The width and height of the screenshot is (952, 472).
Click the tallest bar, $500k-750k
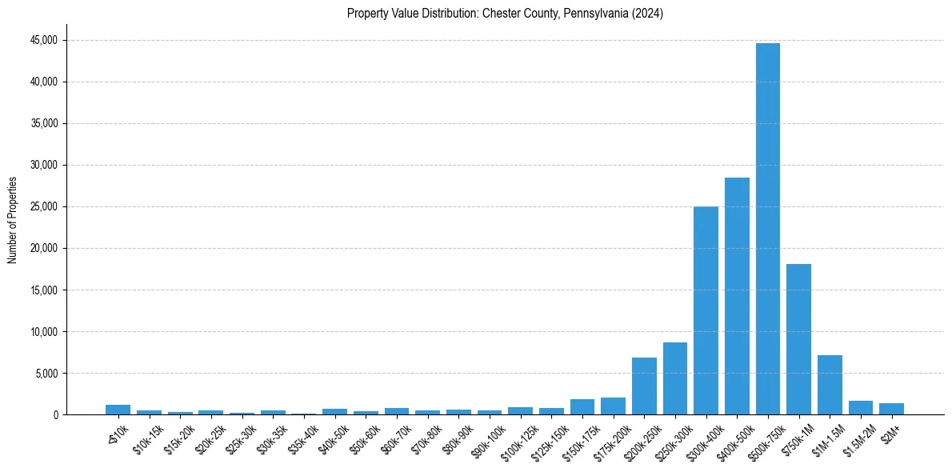(x=768, y=229)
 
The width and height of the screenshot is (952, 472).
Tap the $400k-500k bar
(x=737, y=296)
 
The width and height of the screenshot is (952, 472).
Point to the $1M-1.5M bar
(x=830, y=385)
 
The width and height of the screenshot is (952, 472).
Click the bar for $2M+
(x=891, y=409)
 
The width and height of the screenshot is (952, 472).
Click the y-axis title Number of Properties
(x=12, y=219)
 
